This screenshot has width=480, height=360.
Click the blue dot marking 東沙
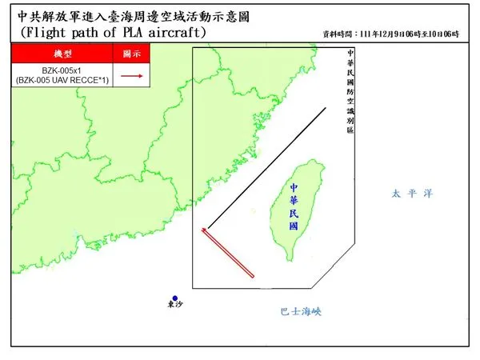[174, 298]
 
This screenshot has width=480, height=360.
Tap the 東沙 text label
[174, 306]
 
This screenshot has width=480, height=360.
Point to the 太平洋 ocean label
[411, 194]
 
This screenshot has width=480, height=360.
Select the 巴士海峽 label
[302, 312]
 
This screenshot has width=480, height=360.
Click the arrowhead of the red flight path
[203, 230]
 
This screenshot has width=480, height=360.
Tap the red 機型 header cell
[62, 53]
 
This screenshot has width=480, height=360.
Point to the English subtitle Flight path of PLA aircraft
[112, 33]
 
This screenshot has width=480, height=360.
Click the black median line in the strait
[264, 168]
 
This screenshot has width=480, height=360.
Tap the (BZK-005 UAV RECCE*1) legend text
[62, 81]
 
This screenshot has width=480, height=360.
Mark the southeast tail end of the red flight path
[253, 276]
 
